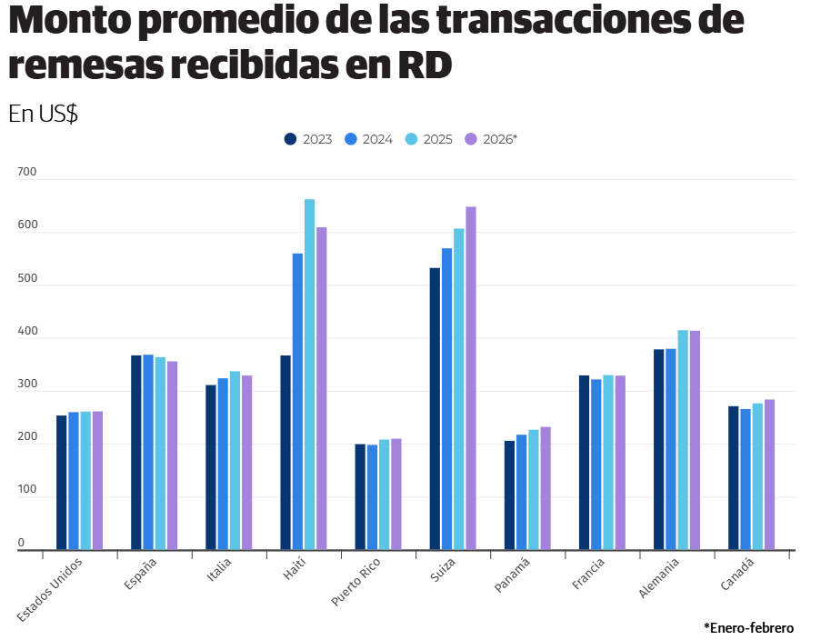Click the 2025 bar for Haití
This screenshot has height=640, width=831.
click(309, 375)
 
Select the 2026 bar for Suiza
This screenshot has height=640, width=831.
click(471, 378)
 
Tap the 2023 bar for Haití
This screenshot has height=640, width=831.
click(285, 453)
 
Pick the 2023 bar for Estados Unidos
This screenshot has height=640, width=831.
click(62, 483)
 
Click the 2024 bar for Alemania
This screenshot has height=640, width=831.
click(671, 449)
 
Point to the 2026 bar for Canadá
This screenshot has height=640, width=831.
click(769, 475)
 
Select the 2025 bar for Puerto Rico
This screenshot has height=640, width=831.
click(385, 495)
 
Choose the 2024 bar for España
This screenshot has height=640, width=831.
click(148, 453)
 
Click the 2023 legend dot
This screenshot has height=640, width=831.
click(291, 139)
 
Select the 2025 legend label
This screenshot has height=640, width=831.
click(437, 139)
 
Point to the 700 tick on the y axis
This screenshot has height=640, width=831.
click(26, 172)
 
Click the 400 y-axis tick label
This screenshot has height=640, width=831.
click(26, 332)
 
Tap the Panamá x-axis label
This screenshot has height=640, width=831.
click(512, 575)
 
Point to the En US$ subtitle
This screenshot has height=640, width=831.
click(43, 114)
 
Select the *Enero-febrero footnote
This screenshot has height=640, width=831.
click(748, 628)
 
